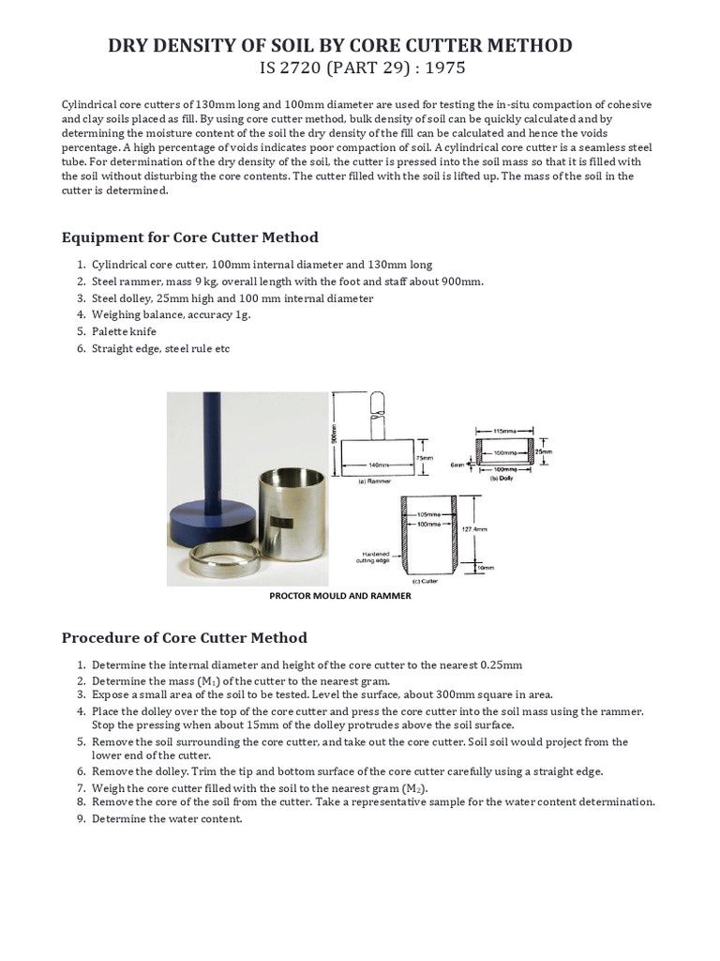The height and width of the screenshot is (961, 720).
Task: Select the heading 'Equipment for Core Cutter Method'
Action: pos(189,236)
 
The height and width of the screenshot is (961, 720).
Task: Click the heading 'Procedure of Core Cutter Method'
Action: pos(184,637)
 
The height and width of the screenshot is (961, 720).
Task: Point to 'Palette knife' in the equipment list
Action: pos(124,331)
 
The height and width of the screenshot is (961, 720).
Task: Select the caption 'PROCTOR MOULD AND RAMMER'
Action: pos(339,596)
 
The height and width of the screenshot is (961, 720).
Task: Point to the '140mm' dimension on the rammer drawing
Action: pos(378,464)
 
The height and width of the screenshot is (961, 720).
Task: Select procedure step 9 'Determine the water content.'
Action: pos(167,818)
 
